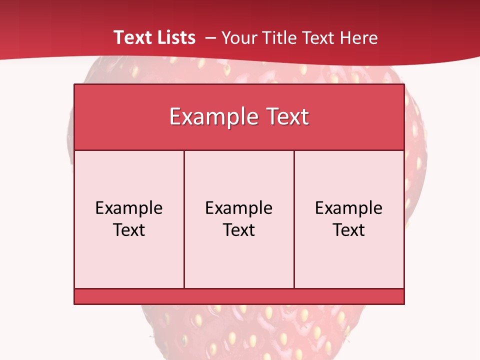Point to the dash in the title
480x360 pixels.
[x=210, y=38]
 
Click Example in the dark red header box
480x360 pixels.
[x=210, y=117]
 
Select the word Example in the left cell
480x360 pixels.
[x=129, y=208]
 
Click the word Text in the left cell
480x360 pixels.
[x=129, y=230]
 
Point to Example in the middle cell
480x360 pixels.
[x=239, y=208]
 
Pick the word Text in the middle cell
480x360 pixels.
[x=239, y=230]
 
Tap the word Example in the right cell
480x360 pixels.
[x=348, y=208]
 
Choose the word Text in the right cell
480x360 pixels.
[x=348, y=230]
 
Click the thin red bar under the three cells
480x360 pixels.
[x=239, y=296]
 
